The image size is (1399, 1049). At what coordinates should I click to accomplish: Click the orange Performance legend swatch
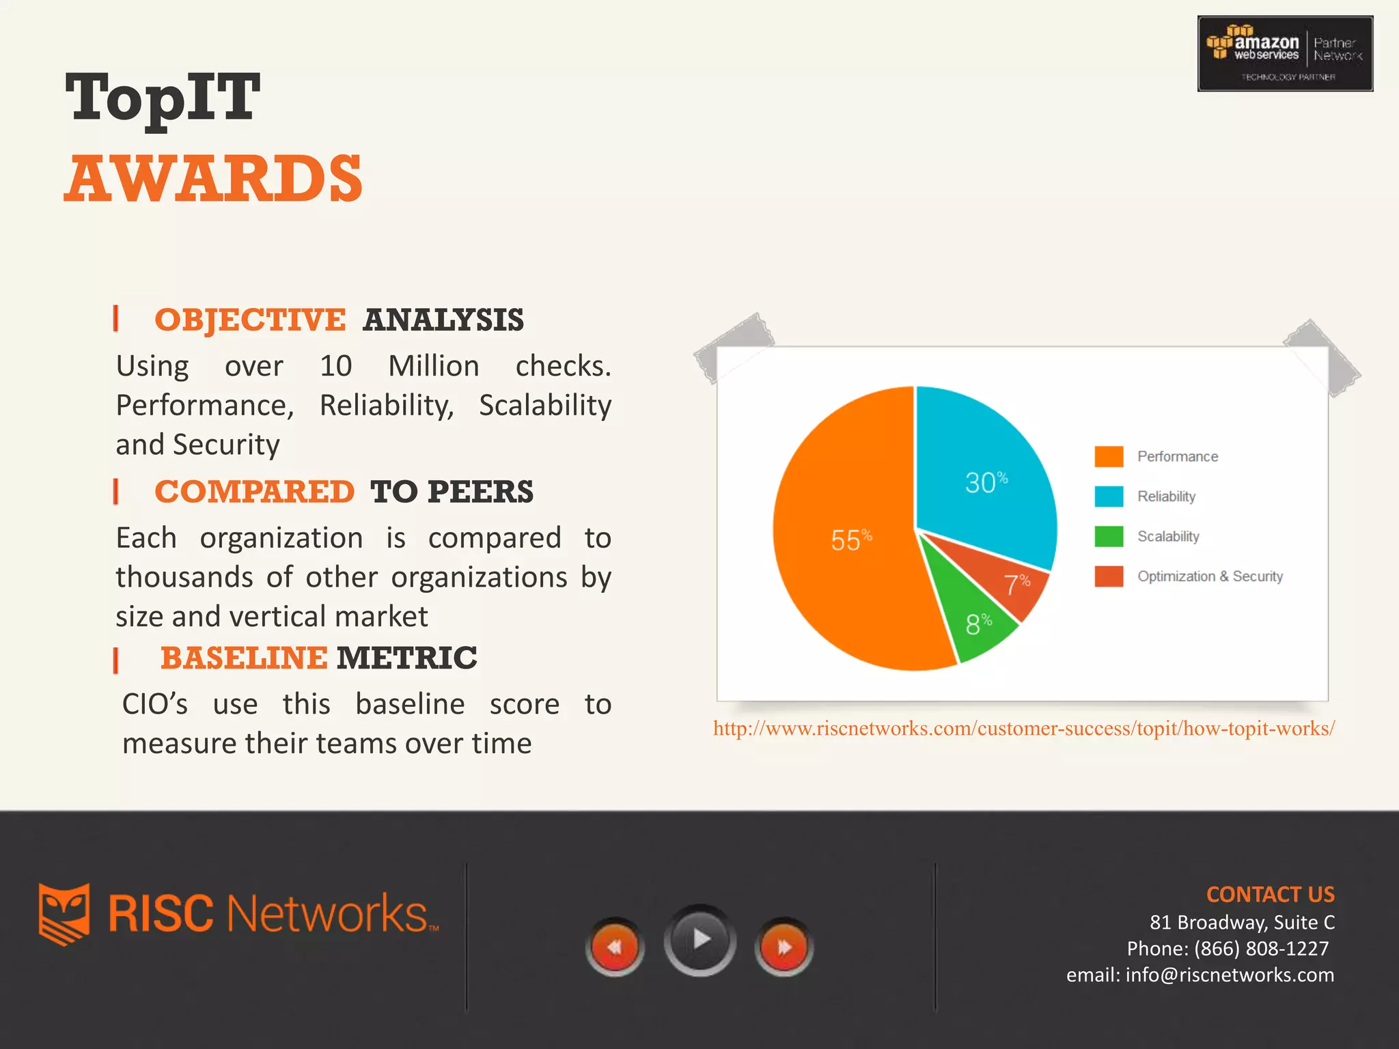1108,456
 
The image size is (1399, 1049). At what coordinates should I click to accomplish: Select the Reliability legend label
1166,496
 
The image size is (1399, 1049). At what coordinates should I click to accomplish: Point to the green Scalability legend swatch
1108,536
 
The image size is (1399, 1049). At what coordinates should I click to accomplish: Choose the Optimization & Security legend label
1210,576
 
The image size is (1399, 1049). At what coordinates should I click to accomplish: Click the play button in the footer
699,940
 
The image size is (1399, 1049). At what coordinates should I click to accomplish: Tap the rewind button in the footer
615,947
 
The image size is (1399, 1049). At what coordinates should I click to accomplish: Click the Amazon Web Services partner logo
1285,54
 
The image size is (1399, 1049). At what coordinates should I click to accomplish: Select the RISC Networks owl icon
64,914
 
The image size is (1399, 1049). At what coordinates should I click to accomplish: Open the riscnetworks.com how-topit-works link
1023,729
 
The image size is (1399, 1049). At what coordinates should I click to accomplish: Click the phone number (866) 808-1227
1261,949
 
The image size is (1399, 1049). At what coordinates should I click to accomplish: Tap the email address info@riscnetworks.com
1230,975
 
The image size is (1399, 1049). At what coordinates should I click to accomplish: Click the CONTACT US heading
1270,895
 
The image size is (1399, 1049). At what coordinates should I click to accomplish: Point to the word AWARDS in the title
213,179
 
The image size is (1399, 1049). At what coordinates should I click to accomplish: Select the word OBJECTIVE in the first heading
250,320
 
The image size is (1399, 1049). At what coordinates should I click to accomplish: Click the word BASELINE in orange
244,658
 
